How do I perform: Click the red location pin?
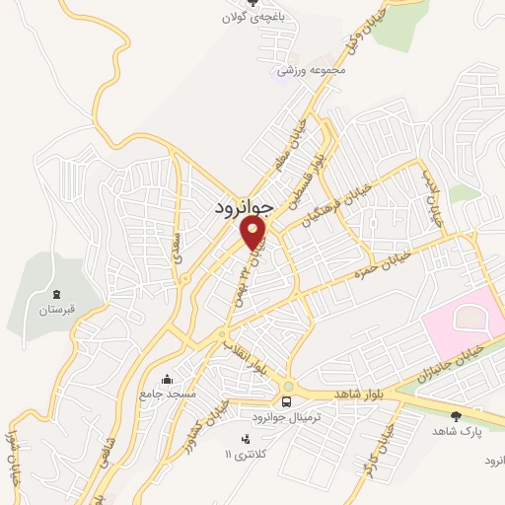[254, 233]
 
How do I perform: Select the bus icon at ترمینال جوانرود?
[286, 402]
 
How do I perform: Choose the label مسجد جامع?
[168, 394]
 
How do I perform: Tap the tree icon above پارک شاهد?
[455, 415]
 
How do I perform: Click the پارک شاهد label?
[455, 431]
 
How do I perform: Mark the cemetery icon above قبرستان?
[57, 294]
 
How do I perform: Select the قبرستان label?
[57, 309]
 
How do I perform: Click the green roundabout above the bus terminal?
[287, 387]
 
